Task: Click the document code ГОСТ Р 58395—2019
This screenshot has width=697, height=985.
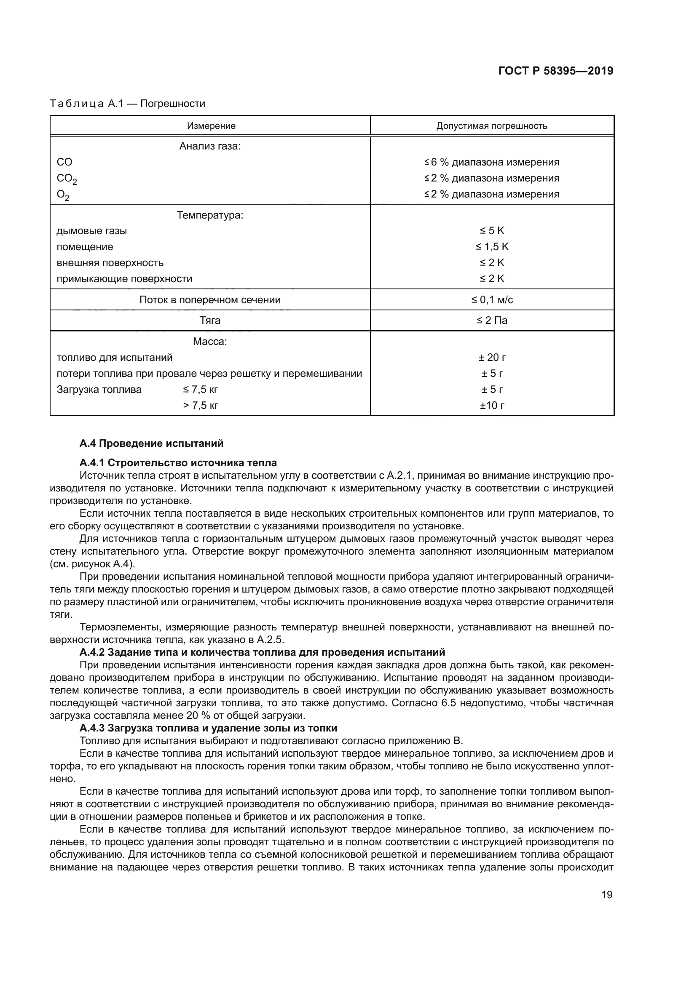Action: [556, 71]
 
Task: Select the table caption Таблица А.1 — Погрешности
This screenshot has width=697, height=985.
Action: [127, 104]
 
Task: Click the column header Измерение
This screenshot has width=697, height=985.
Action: [211, 125]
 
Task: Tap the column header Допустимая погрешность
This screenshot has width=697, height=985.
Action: [491, 125]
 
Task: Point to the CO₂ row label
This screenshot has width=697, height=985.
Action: [67, 179]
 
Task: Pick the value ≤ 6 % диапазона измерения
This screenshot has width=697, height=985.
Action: [492, 162]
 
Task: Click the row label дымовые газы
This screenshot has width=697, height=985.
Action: [91, 231]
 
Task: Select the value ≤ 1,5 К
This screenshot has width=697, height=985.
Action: [492, 247]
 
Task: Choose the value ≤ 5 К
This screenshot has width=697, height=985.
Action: [492, 231]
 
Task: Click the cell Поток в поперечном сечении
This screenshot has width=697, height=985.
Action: [210, 300]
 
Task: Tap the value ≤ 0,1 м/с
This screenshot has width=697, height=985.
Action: [492, 300]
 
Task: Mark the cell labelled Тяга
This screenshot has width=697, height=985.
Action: [210, 320]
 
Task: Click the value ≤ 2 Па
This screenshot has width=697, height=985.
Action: [492, 320]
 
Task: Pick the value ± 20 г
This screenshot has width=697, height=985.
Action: [492, 358]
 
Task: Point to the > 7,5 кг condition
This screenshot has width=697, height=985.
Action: [201, 406]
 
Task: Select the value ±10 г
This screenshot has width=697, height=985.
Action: [492, 406]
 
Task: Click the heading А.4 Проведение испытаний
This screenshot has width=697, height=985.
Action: [151, 443]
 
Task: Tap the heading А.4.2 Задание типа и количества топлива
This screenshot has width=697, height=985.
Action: [262, 652]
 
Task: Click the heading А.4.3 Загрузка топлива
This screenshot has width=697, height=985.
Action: [208, 728]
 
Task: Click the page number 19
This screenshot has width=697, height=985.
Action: [606, 895]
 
